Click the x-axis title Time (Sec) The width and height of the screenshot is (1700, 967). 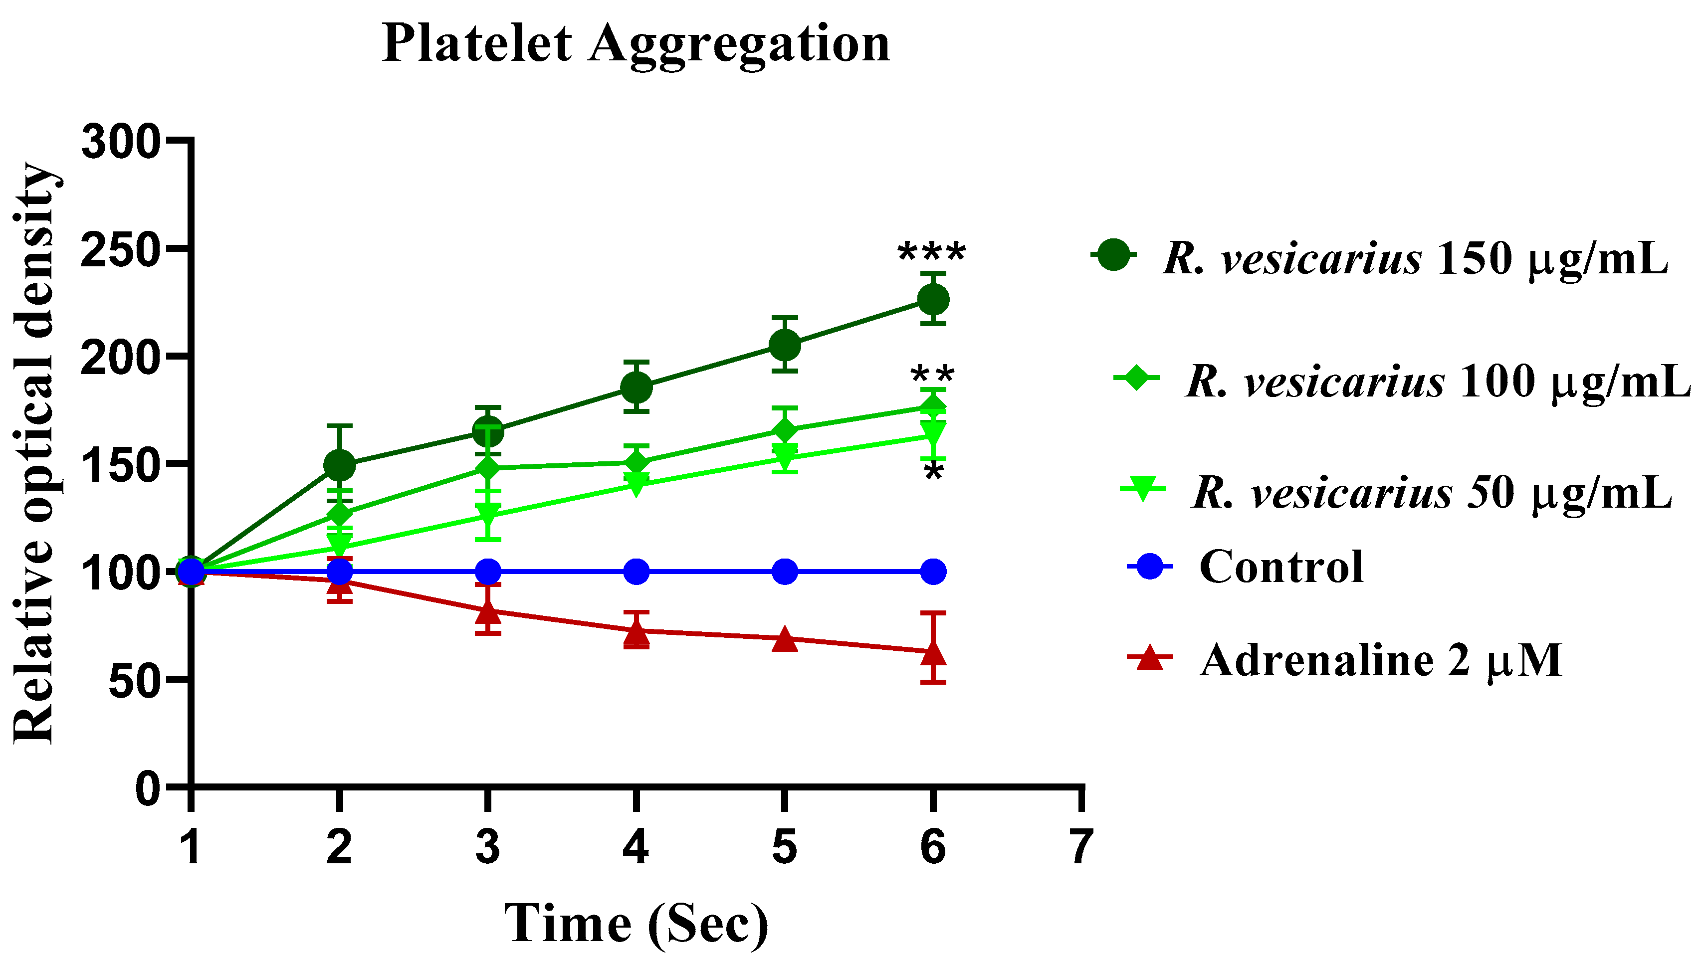(636, 923)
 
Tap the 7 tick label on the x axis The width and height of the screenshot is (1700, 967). (1081, 847)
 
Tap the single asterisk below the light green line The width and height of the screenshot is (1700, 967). (933, 474)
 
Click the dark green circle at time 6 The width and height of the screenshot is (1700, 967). (933, 300)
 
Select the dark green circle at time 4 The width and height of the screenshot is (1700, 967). (637, 387)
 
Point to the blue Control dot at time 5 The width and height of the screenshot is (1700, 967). (785, 571)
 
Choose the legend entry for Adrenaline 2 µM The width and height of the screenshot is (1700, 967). (1380, 660)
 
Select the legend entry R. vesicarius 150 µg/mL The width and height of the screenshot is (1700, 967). (1415, 258)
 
